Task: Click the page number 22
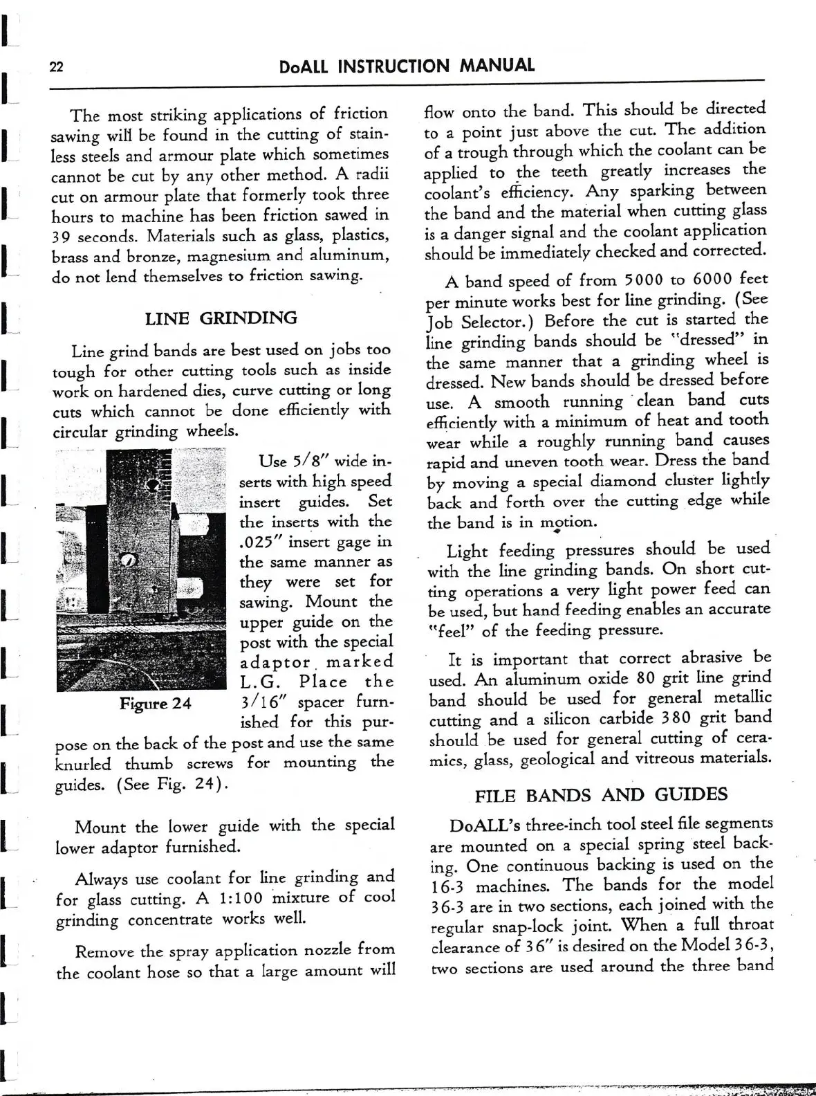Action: [x=56, y=66]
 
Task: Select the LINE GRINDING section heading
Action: [x=221, y=318]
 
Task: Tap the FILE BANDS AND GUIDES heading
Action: [x=601, y=794]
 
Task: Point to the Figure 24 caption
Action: [x=155, y=704]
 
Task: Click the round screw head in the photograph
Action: [x=129, y=560]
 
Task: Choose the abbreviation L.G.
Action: [x=260, y=682]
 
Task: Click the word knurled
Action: [x=83, y=764]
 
